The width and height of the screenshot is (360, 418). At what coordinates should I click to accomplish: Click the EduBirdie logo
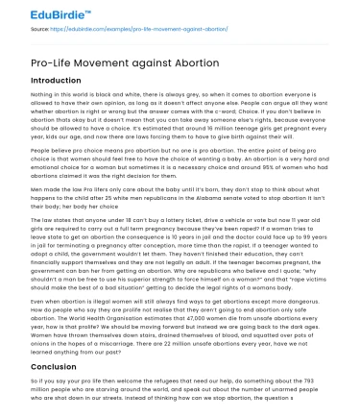tap(41, 12)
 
